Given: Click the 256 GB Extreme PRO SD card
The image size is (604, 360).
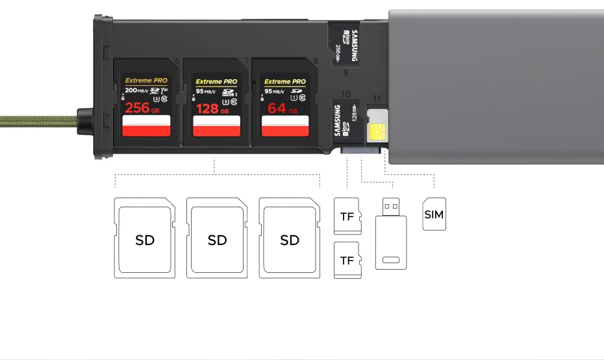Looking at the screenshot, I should (146, 104).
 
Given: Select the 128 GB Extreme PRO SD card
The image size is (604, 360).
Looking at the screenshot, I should (216, 104).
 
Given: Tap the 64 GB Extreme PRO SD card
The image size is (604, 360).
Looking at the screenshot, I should (285, 104).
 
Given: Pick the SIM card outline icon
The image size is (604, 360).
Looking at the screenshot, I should (434, 214).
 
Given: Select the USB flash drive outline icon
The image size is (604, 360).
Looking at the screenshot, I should (391, 233).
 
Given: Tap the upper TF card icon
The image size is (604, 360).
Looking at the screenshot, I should (347, 216).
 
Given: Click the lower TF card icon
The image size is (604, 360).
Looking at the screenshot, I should (347, 260).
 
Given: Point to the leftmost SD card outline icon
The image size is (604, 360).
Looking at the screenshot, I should (145, 238).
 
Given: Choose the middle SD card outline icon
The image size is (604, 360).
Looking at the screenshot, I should (217, 238).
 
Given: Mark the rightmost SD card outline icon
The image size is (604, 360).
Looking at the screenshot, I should (290, 238).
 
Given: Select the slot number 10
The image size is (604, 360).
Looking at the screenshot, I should (346, 94).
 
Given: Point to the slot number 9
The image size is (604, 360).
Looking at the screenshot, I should (346, 73).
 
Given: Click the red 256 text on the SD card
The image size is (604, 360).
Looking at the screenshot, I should (137, 108).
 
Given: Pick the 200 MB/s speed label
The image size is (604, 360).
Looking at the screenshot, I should (137, 90).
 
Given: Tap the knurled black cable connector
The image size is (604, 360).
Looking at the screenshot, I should (84, 120).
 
